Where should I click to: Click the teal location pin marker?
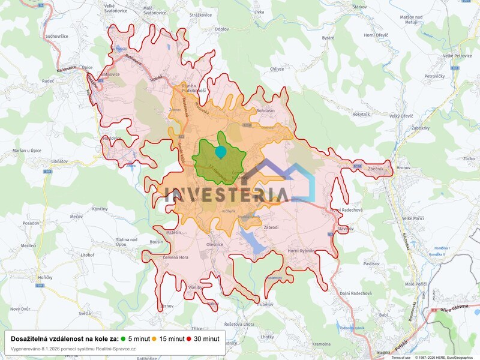point(221,152)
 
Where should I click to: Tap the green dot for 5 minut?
point(123,338)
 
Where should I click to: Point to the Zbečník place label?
point(376,169)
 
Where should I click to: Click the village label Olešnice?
point(215,245)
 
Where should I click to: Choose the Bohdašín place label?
point(265,111)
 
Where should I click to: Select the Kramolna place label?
point(322,344)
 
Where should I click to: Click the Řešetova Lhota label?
point(239,324)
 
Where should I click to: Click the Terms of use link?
point(401,358)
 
